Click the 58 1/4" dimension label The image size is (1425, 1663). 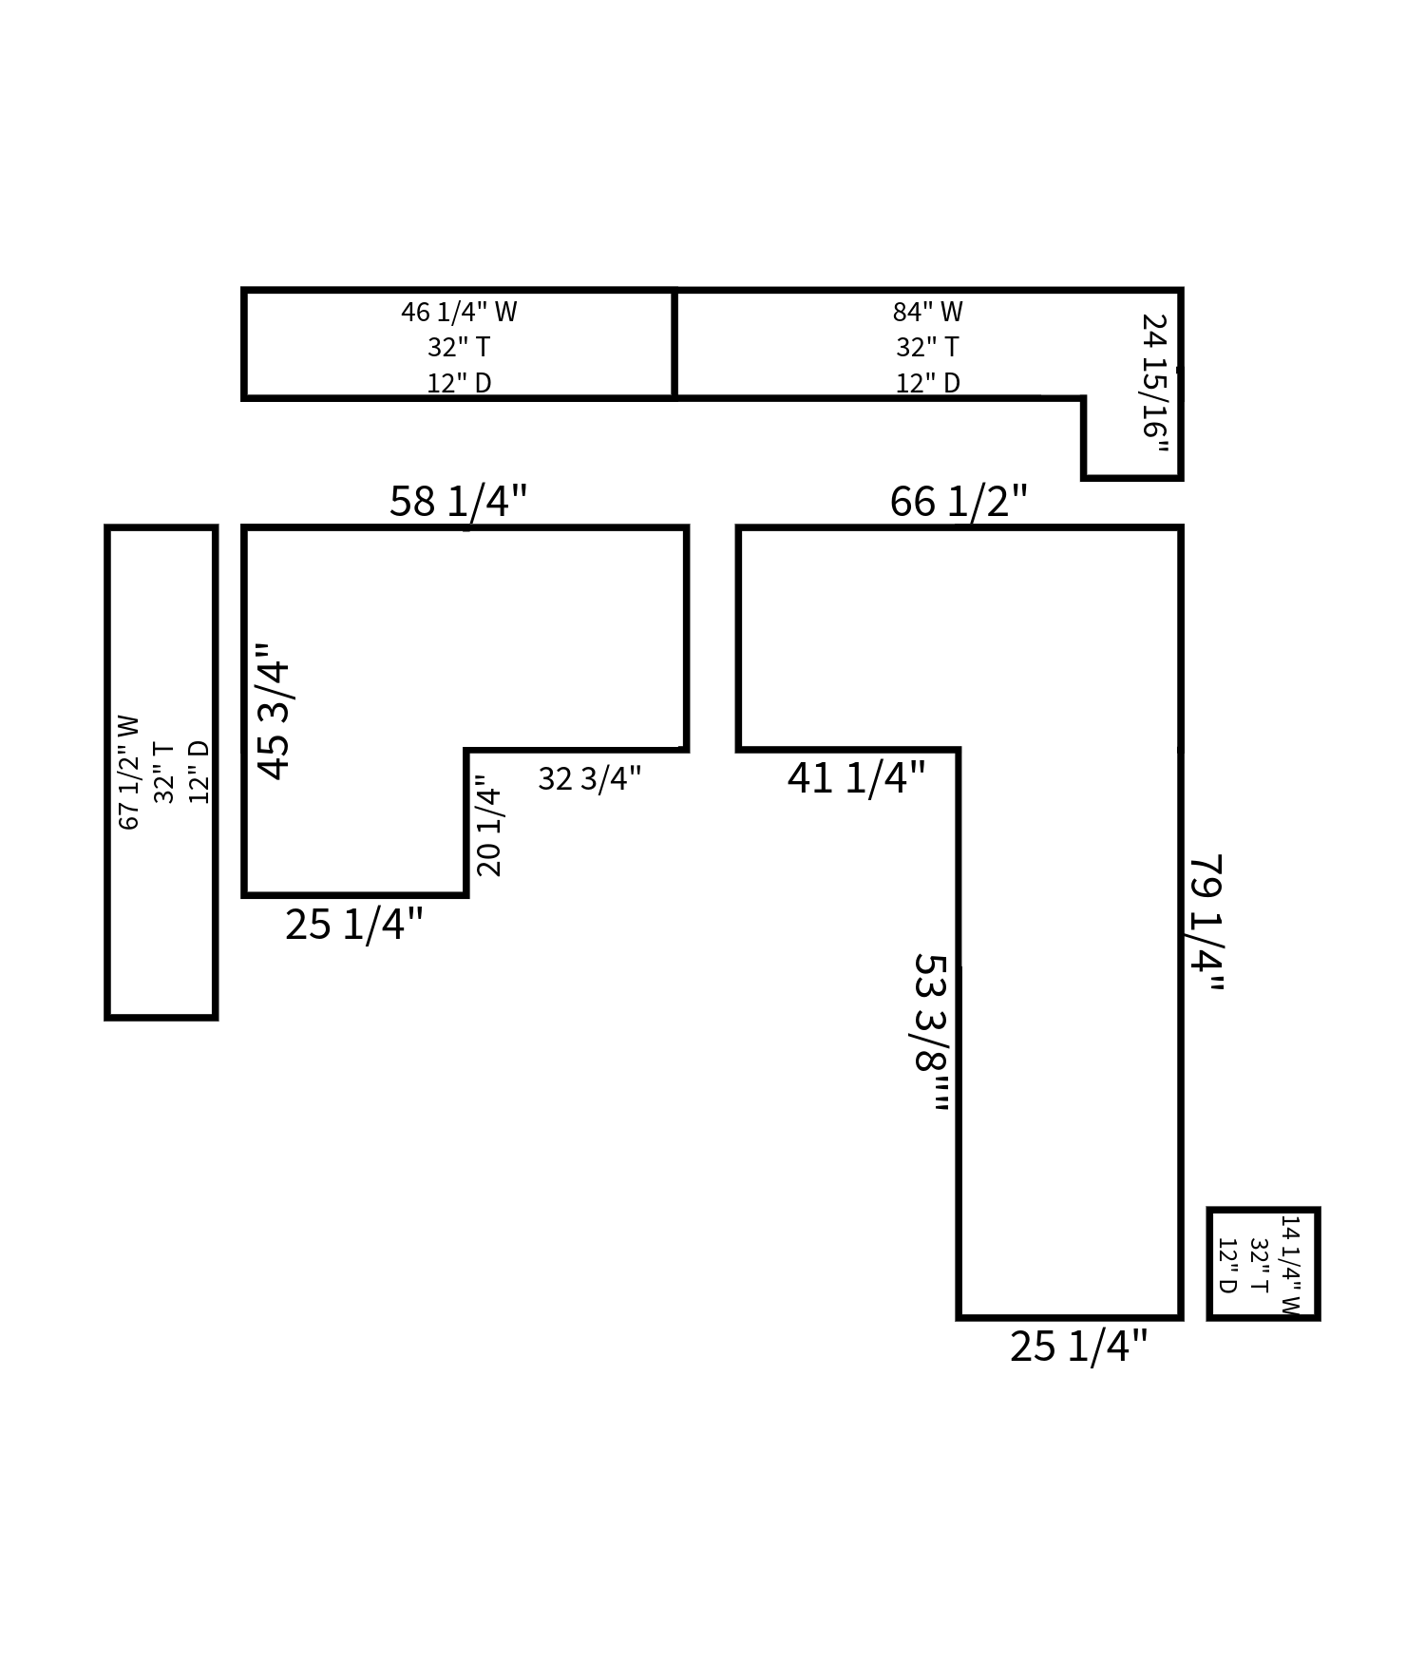pyautogui.click(x=458, y=501)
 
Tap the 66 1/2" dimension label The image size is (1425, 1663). pyautogui.click(x=958, y=501)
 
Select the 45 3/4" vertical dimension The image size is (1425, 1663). pyautogui.click(x=274, y=712)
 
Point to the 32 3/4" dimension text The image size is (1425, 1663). pyautogui.click(x=589, y=779)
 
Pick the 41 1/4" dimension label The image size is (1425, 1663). pyautogui.click(x=855, y=778)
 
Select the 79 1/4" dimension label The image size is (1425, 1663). pyautogui.click(x=1206, y=923)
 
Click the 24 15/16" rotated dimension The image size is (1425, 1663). pyautogui.click(x=1153, y=384)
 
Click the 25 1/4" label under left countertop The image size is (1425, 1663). pyautogui.click(x=353, y=925)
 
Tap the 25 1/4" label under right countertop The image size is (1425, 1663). pyautogui.click(x=1077, y=1347)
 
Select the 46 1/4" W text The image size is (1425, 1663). pyautogui.click(x=459, y=312)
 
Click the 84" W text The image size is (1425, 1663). pyautogui.click(x=927, y=312)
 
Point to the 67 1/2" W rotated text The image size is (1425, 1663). pyautogui.click(x=128, y=772)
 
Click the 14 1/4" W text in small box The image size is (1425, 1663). pyautogui.click(x=1288, y=1265)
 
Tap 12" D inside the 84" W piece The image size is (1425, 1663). pyautogui.click(x=927, y=383)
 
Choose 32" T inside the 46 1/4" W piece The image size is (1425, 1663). pyautogui.click(x=459, y=347)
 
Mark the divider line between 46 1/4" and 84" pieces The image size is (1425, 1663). pyautogui.click(x=674, y=344)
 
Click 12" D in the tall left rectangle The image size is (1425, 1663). pyautogui.click(x=199, y=772)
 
